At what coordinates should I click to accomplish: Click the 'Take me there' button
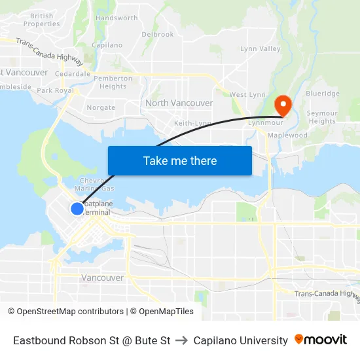coord(180,160)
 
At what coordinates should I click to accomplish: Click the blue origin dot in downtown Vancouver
coord(77,208)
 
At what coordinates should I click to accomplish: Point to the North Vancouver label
coord(179,103)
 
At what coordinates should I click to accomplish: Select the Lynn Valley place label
coord(261,49)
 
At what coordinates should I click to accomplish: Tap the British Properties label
coord(43,20)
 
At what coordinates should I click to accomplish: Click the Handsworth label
coord(117,18)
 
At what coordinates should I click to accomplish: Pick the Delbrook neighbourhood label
coord(158,34)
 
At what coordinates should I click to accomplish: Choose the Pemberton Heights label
coord(113,82)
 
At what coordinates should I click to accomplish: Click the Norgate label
coord(101,107)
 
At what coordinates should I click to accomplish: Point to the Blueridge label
coord(323,94)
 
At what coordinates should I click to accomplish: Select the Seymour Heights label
coord(322,117)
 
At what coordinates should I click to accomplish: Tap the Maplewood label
coord(287,135)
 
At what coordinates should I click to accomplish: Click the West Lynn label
coord(247,95)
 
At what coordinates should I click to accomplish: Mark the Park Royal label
coord(55,90)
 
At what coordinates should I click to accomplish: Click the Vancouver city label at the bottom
coord(102,278)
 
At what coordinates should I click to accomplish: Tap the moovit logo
coord(321,340)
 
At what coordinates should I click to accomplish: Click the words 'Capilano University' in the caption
coord(241,340)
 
